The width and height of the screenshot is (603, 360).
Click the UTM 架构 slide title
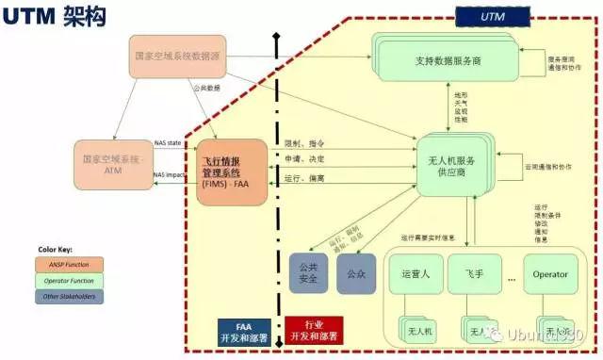tap(54, 16)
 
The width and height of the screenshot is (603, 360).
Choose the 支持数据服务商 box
tap(448, 61)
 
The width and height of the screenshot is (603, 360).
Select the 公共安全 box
tap(308, 274)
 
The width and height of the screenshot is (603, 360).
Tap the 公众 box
tap(355, 274)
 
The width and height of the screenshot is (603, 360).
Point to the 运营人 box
tap(416, 275)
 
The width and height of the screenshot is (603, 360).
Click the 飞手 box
tap(475, 275)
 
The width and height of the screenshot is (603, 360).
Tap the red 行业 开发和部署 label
tap(315, 330)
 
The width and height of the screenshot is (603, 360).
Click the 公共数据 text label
tap(206, 89)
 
